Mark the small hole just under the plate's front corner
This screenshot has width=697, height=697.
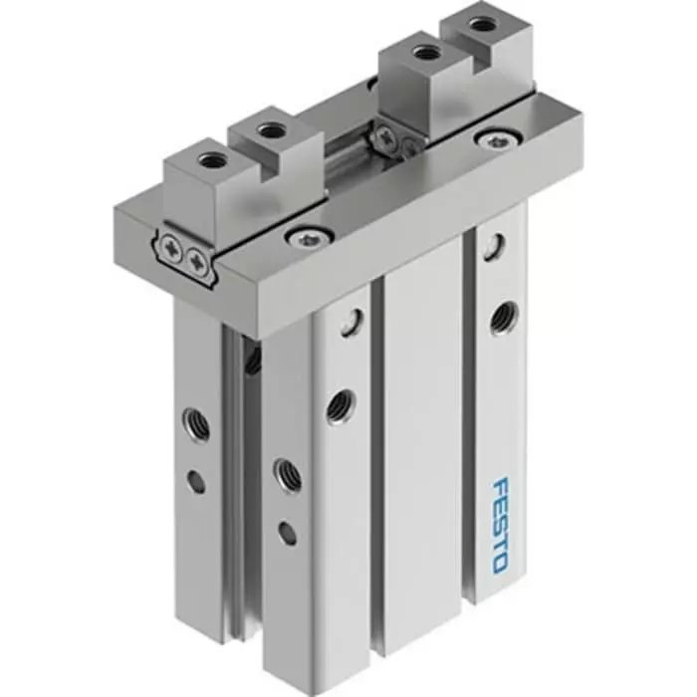pos(348,321)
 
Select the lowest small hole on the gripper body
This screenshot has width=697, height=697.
pos(287,534)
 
